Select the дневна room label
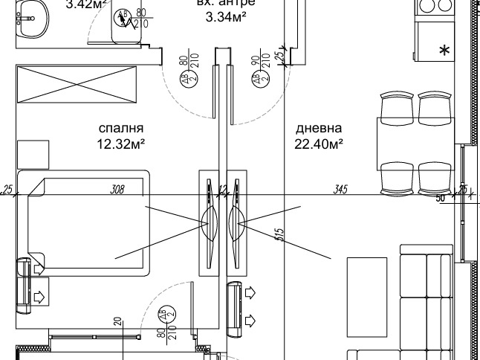(x=319, y=127)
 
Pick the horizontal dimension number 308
(x=117, y=190)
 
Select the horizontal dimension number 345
(x=341, y=190)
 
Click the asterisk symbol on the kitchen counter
(x=444, y=51)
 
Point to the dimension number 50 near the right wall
(x=439, y=199)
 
